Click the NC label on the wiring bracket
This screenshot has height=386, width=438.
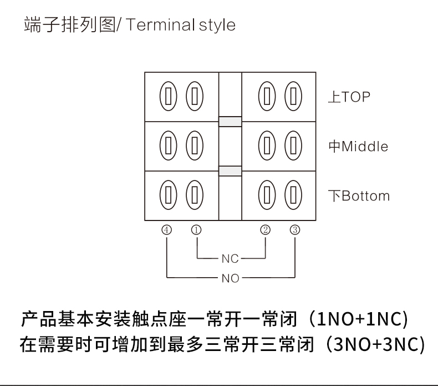(230, 259)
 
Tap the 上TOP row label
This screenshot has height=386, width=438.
(349, 97)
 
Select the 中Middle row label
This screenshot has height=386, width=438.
(358, 147)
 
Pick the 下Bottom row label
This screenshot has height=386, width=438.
(358, 196)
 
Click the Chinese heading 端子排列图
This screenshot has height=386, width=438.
(68, 26)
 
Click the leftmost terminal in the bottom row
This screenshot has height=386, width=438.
(168, 195)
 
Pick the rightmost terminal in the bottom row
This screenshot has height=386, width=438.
(293, 195)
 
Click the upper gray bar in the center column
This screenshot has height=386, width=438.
(230, 122)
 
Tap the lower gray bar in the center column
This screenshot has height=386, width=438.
(230, 171)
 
